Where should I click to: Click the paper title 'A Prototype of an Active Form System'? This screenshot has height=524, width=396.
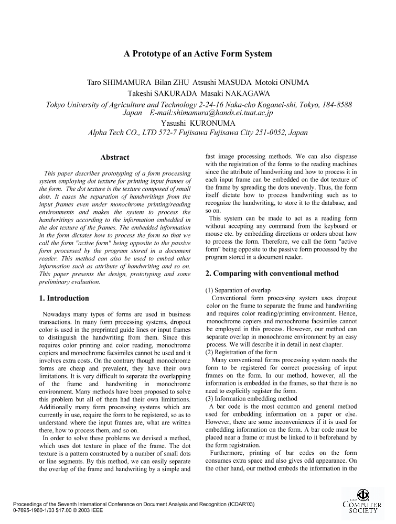pos(198,53)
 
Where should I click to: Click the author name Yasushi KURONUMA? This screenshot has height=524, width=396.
pos(198,123)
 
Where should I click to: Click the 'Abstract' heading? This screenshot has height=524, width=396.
pos(115,157)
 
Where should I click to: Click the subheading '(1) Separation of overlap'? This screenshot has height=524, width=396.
pos(238,290)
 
